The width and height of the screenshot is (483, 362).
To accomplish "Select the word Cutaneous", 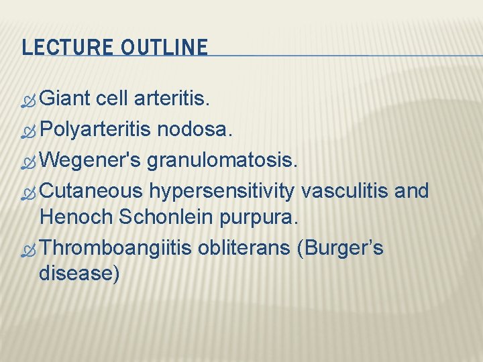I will point(91,192).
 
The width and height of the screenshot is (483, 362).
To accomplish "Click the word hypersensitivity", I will point(222,192).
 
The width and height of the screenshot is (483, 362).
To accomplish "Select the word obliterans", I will point(241,249).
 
